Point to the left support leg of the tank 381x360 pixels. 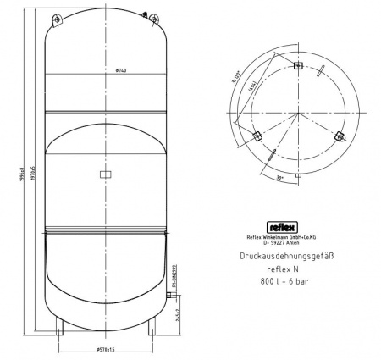point(58,325)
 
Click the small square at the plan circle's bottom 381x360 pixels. point(297,174)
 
